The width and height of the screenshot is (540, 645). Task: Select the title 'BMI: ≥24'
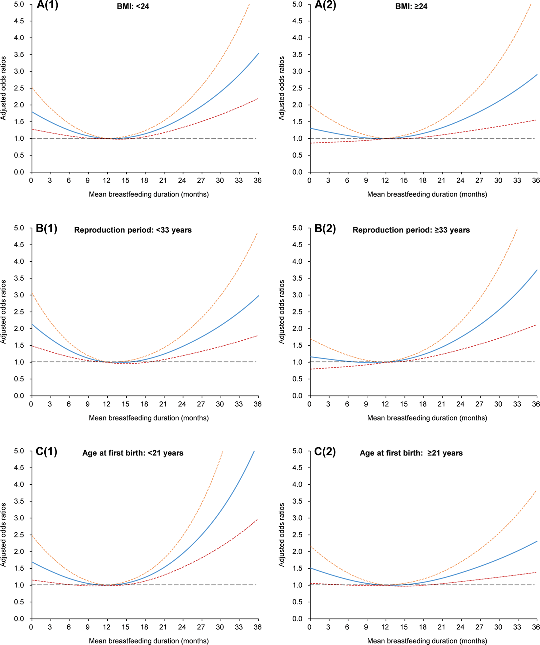click(411, 6)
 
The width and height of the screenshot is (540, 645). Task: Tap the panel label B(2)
click(325, 228)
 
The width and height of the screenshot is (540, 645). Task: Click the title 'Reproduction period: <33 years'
click(133, 230)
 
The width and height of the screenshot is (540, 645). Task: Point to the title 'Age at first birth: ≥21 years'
click(411, 453)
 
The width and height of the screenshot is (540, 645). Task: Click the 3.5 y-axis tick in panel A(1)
click(19, 54)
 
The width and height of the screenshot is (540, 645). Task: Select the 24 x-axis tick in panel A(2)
click(460, 180)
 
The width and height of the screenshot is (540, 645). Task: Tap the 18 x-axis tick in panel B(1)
click(144, 404)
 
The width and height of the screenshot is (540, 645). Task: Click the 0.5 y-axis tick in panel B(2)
click(297, 379)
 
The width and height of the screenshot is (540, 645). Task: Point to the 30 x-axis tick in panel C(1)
click(220, 627)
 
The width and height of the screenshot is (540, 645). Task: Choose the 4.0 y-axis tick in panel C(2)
click(297, 484)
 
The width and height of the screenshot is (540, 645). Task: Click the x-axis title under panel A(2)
click(427, 194)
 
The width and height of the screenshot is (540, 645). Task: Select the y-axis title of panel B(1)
click(4, 312)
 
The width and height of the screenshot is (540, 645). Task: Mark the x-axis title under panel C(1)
click(149, 641)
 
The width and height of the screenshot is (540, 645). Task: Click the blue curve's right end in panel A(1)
click(259, 53)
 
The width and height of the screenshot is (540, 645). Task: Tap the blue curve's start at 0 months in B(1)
click(32, 324)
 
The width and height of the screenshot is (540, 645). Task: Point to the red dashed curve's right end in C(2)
click(536, 572)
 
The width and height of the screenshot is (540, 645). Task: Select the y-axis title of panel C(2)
click(282, 534)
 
